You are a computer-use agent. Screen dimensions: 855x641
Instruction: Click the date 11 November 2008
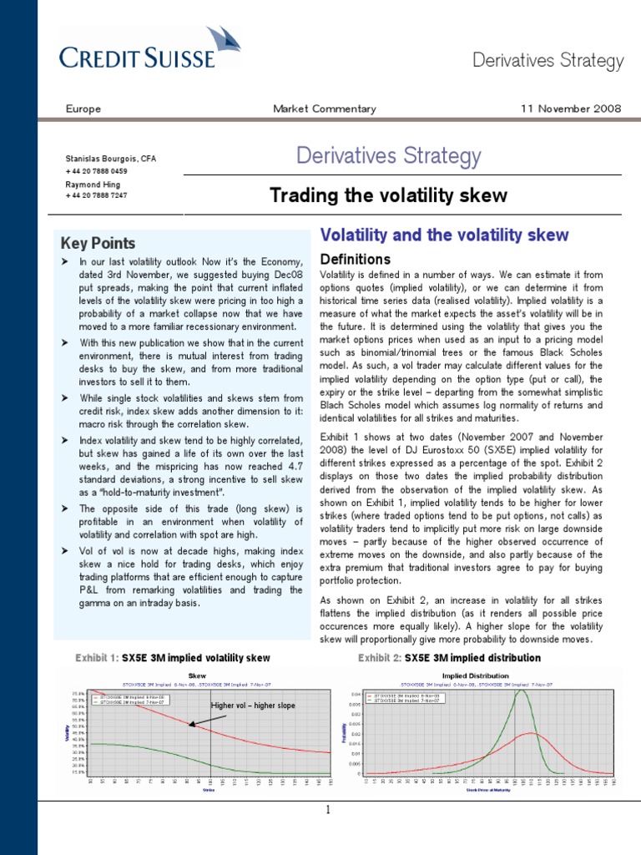[572, 109]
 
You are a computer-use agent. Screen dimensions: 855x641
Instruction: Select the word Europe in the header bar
[83, 109]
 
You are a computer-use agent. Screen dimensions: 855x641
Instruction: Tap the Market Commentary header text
[325, 109]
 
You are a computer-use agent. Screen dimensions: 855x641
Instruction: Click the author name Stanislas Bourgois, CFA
[110, 159]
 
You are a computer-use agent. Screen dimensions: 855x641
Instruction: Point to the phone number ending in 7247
[96, 195]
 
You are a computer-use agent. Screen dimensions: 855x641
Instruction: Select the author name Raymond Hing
[93, 184]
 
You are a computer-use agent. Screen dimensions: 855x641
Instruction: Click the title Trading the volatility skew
[388, 195]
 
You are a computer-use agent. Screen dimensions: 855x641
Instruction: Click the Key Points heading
[98, 243]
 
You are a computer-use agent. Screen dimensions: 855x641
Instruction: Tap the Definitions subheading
[356, 260]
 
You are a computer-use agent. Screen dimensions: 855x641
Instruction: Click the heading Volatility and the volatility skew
[444, 235]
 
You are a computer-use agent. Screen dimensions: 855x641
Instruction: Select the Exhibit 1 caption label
[97, 658]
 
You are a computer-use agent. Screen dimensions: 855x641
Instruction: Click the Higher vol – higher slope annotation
[253, 706]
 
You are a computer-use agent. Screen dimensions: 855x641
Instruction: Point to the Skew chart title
[198, 675]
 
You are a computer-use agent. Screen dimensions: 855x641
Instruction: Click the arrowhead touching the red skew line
[191, 725]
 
